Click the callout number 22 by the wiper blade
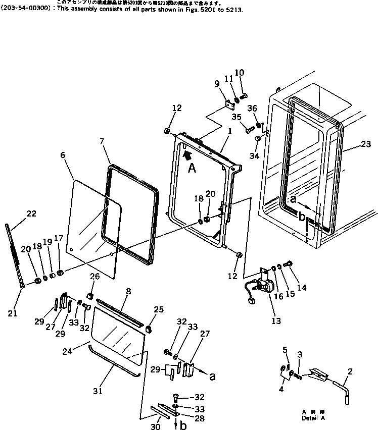31,213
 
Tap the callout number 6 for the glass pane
63,155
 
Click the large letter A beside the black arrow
192,168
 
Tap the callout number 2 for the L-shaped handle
350,371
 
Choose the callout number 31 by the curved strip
97,390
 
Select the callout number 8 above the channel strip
128,291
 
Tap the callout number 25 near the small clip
159,309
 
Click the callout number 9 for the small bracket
216,83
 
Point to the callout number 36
253,108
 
